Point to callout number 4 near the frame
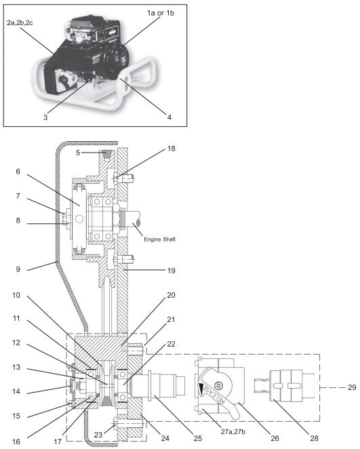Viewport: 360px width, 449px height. [x=169, y=117]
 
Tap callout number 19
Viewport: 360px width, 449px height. [x=171, y=270]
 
